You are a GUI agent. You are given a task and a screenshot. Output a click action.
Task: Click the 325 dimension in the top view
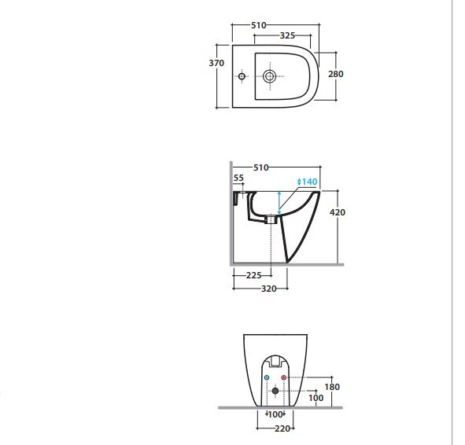pyautogui.click(x=287, y=35)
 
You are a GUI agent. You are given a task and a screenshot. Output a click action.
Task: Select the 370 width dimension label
pyautogui.click(x=216, y=63)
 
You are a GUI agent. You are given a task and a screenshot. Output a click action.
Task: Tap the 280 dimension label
pyautogui.click(x=336, y=74)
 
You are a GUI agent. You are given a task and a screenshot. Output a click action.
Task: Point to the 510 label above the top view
pyautogui.click(x=259, y=25)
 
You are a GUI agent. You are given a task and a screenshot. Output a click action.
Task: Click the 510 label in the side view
pyautogui.click(x=261, y=167)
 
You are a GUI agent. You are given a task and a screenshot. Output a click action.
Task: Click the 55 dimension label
pyautogui.click(x=238, y=178)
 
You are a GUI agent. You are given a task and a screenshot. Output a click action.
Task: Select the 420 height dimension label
pyautogui.click(x=338, y=212)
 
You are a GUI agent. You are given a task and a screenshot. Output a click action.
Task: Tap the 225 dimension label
pyautogui.click(x=254, y=275)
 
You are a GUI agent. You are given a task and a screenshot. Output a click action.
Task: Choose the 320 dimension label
pyautogui.click(x=268, y=289)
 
